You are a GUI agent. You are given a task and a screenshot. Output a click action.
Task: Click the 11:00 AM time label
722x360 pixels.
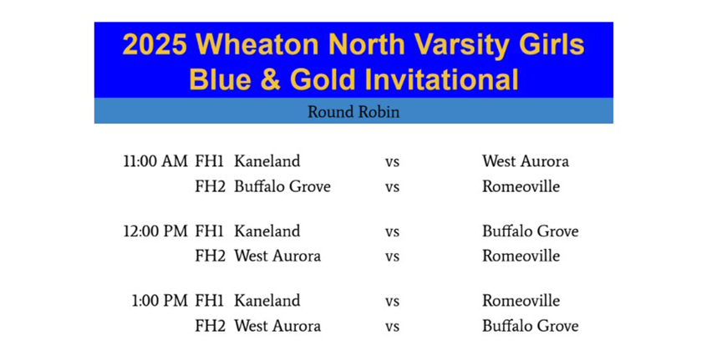pos(155,161)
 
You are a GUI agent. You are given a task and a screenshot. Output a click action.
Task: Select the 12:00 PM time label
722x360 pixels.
pos(155,231)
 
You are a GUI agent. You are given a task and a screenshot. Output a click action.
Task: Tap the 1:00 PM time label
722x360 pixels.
pos(160,301)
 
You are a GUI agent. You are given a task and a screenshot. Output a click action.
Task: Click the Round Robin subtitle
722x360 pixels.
pos(353,112)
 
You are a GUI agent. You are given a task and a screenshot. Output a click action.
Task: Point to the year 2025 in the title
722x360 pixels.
pos(155,45)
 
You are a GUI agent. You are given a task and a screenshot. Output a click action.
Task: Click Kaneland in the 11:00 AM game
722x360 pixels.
pos(267,161)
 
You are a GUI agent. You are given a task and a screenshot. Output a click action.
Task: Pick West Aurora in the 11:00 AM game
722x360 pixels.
pos(526,161)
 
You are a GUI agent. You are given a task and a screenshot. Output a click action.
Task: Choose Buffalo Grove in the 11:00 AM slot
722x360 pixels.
pos(282,187)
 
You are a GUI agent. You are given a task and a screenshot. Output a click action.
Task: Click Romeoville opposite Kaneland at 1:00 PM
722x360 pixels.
pos(521,301)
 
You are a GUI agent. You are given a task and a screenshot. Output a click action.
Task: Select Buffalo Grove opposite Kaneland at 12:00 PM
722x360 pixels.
pos(530,231)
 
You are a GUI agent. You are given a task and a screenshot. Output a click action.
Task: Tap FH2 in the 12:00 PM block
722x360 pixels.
pos(211,256)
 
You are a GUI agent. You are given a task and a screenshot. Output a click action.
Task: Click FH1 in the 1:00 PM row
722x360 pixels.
pos(210,301)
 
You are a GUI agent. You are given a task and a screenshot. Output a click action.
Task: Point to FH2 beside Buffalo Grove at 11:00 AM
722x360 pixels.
pos(211,187)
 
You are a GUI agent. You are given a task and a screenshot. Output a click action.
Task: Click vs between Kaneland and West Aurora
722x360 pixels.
pos(392,163)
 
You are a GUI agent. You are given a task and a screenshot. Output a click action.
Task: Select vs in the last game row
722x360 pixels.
pos(392,327)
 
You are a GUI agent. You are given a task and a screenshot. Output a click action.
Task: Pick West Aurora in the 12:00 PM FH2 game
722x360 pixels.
pos(277,256)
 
